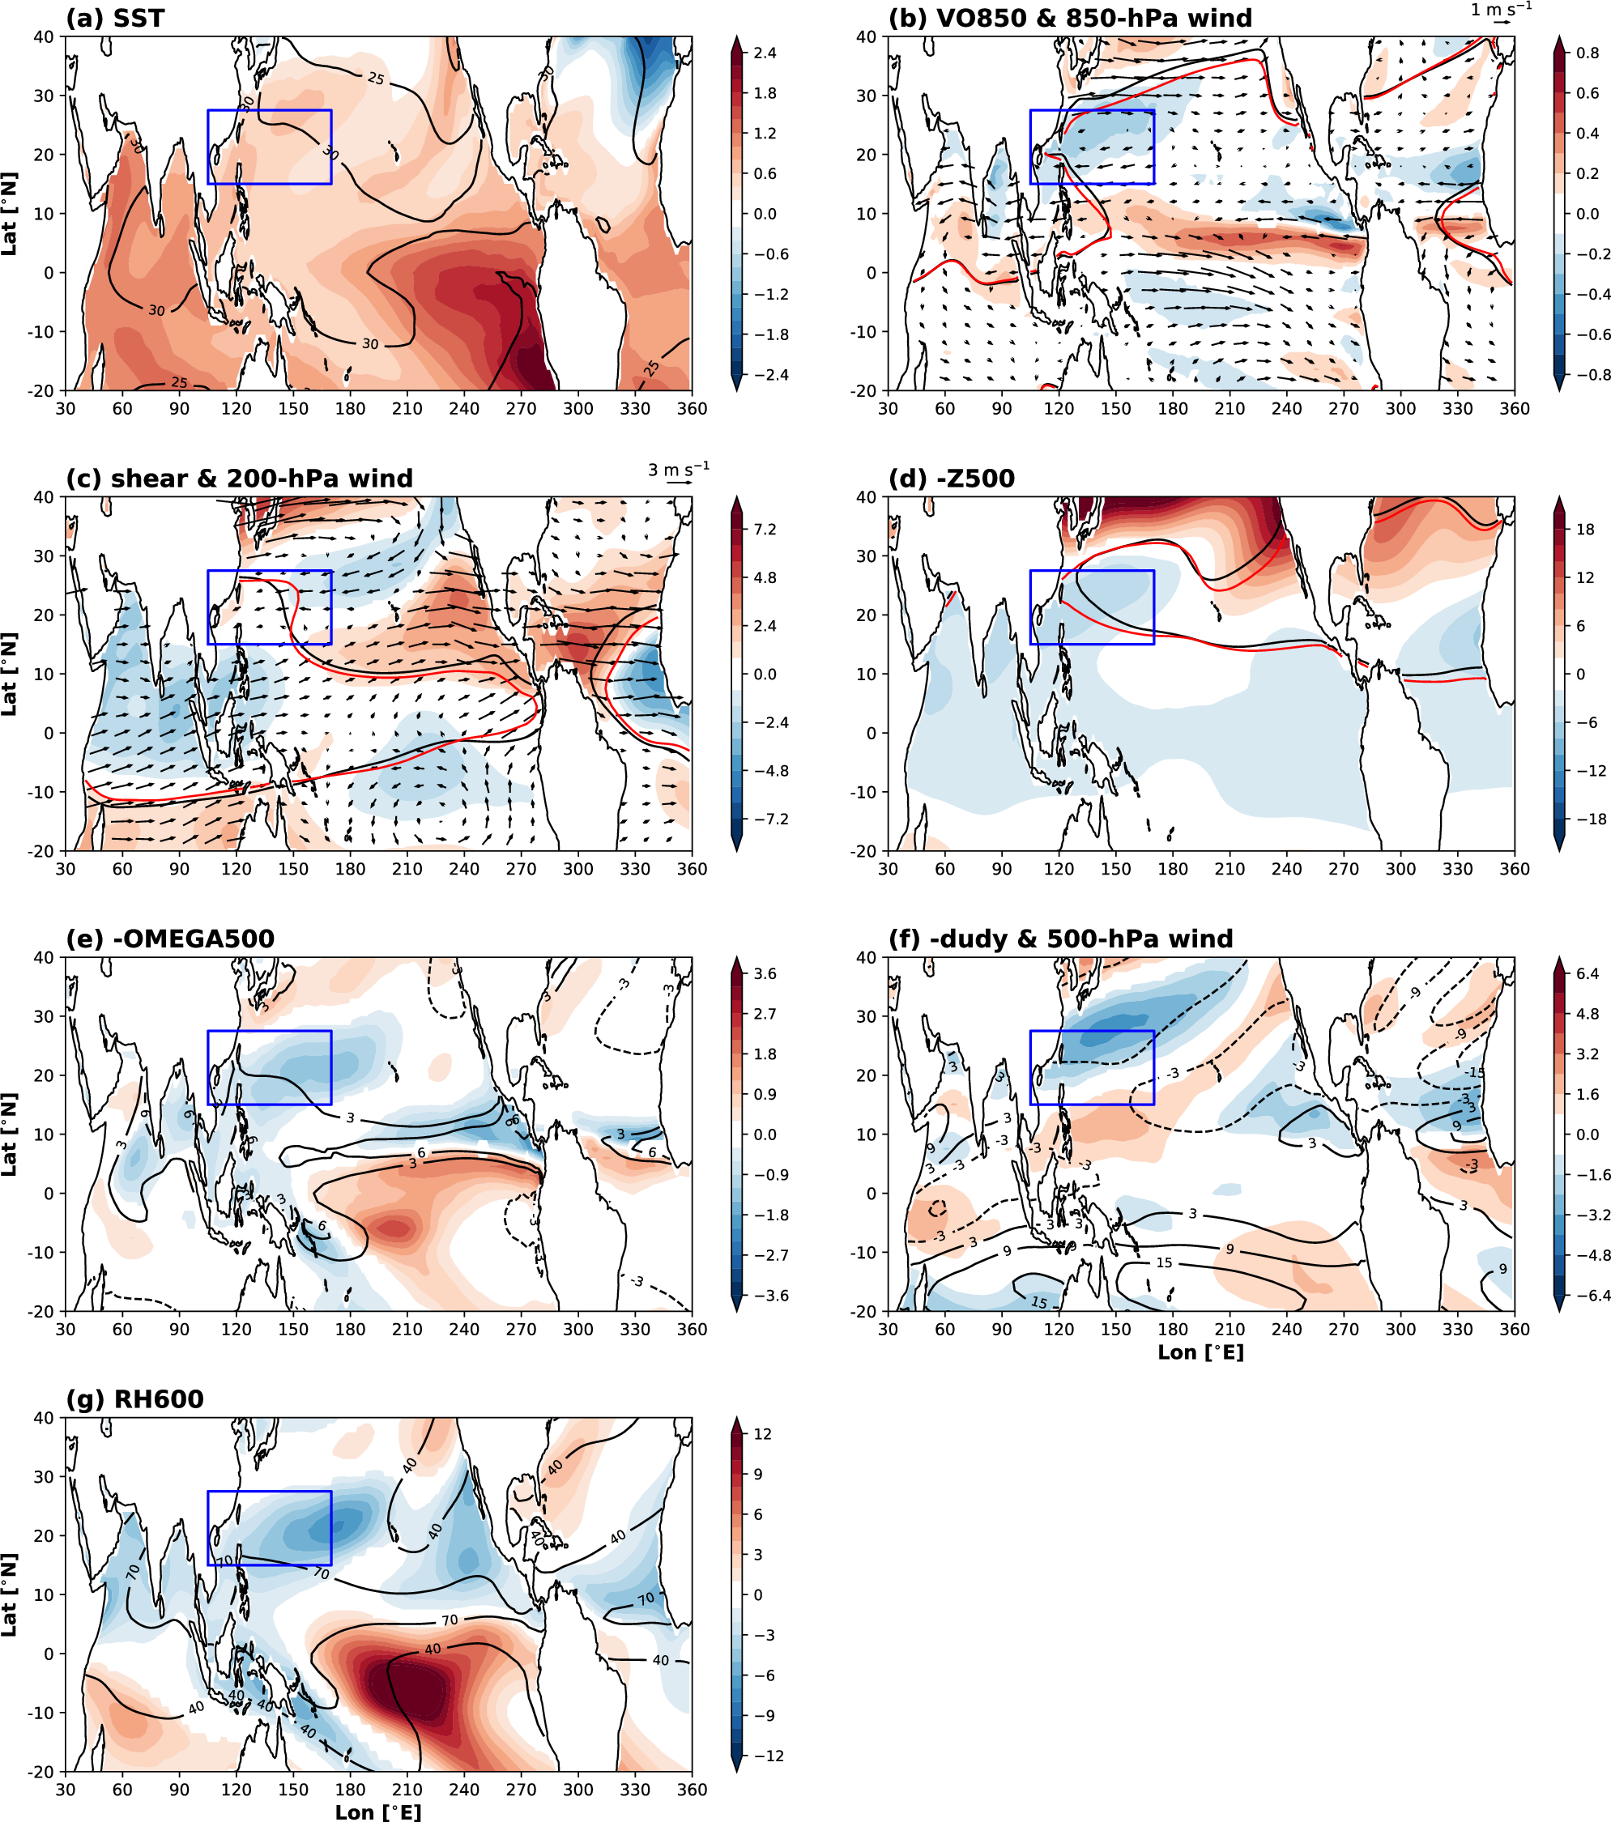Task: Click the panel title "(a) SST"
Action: pos(115,18)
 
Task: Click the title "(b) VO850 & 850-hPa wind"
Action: pos(1070,18)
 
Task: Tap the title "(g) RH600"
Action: pos(134,1399)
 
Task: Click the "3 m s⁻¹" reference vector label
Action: pos(679,470)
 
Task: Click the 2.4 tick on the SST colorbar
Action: pos(764,53)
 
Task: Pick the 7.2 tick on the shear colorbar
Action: pos(764,530)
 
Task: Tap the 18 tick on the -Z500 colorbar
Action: pos(1585,530)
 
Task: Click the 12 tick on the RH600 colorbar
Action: pos(762,1434)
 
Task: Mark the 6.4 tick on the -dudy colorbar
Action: pos(1587,973)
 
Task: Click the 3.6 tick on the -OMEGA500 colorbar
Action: pos(764,973)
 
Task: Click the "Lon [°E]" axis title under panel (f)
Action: pos(1200,1352)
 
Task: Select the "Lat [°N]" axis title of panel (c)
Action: pos(10,674)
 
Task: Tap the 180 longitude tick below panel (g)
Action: pos(351,1790)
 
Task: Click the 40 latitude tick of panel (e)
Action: pos(45,957)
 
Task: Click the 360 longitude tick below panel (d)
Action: pos(1514,869)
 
